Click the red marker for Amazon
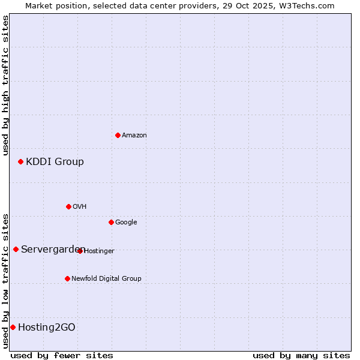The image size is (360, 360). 118,135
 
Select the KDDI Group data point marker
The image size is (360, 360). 20,161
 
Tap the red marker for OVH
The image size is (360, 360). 68,206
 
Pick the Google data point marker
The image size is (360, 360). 111,222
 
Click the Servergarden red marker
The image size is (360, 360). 16,249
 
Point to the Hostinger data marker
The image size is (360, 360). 80,251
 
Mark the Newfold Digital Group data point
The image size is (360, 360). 67,278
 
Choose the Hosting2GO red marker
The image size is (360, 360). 13,327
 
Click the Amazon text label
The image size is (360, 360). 134,136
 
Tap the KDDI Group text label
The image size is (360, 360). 55,161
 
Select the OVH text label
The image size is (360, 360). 80,207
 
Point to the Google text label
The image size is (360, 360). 126,223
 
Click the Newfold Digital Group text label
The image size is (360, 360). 106,278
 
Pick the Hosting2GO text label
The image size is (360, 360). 47,327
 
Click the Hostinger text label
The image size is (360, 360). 100,251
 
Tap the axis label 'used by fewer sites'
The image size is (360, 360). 62,355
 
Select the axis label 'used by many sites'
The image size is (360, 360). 301,355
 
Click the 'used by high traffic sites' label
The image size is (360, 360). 5,85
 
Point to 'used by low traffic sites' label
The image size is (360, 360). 5,280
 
